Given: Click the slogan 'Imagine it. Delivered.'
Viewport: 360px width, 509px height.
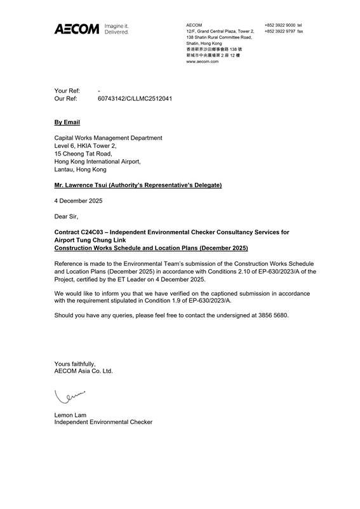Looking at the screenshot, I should point(116,29).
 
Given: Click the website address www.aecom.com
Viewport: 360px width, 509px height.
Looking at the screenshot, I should point(203,62).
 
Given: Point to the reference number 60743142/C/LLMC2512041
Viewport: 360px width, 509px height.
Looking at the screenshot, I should point(135,100).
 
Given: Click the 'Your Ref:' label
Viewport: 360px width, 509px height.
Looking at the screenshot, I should point(67,91).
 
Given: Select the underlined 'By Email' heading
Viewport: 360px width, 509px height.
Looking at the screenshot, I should point(67,121).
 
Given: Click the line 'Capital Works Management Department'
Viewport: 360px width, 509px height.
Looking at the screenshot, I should point(108,138).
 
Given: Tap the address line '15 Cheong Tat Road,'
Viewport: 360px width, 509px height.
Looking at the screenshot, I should point(83,154).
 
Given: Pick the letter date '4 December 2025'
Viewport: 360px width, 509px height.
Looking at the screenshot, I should point(78,201).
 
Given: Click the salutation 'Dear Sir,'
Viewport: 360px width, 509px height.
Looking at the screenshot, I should point(67,216).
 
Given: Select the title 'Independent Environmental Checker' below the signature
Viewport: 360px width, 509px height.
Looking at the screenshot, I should point(103,422).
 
